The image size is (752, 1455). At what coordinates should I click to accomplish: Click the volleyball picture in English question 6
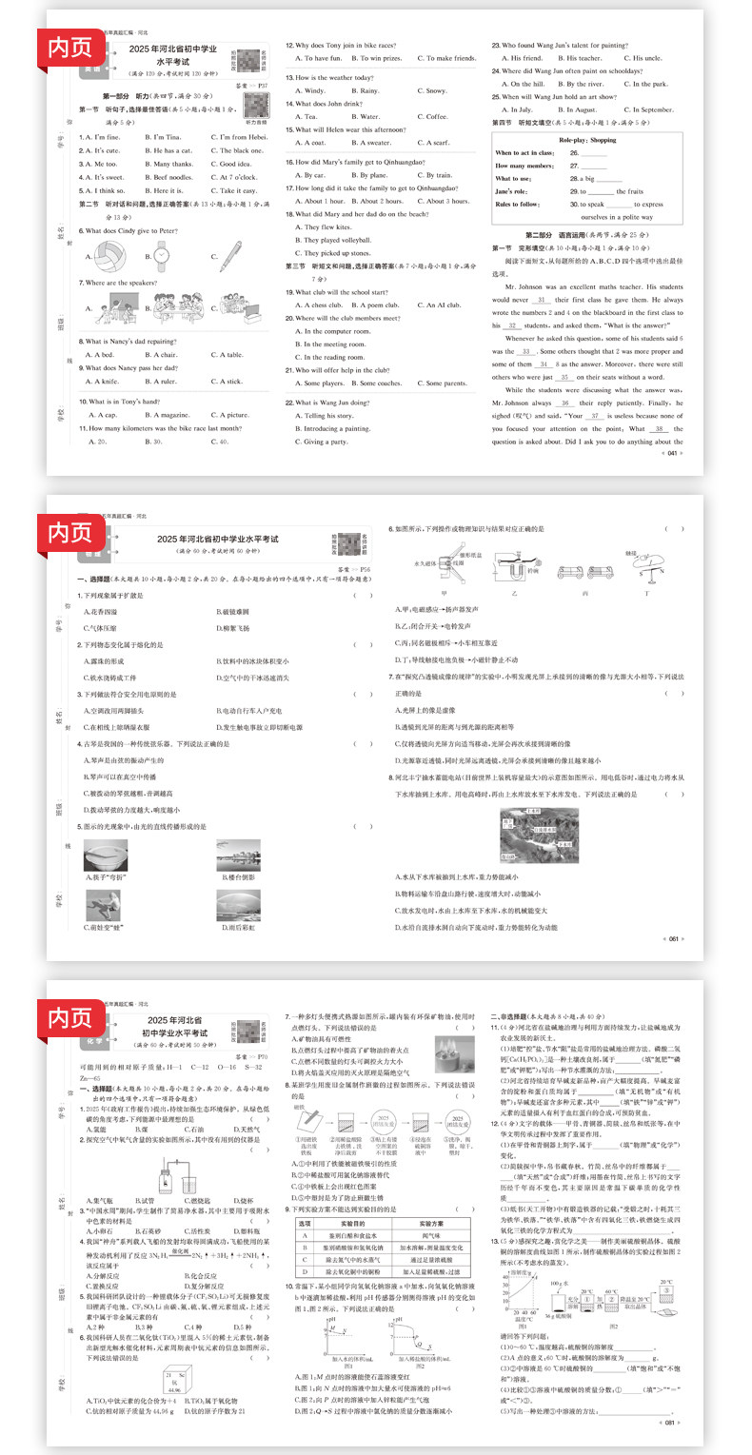(101, 254)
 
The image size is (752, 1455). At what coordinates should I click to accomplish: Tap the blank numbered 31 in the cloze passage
(544, 299)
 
